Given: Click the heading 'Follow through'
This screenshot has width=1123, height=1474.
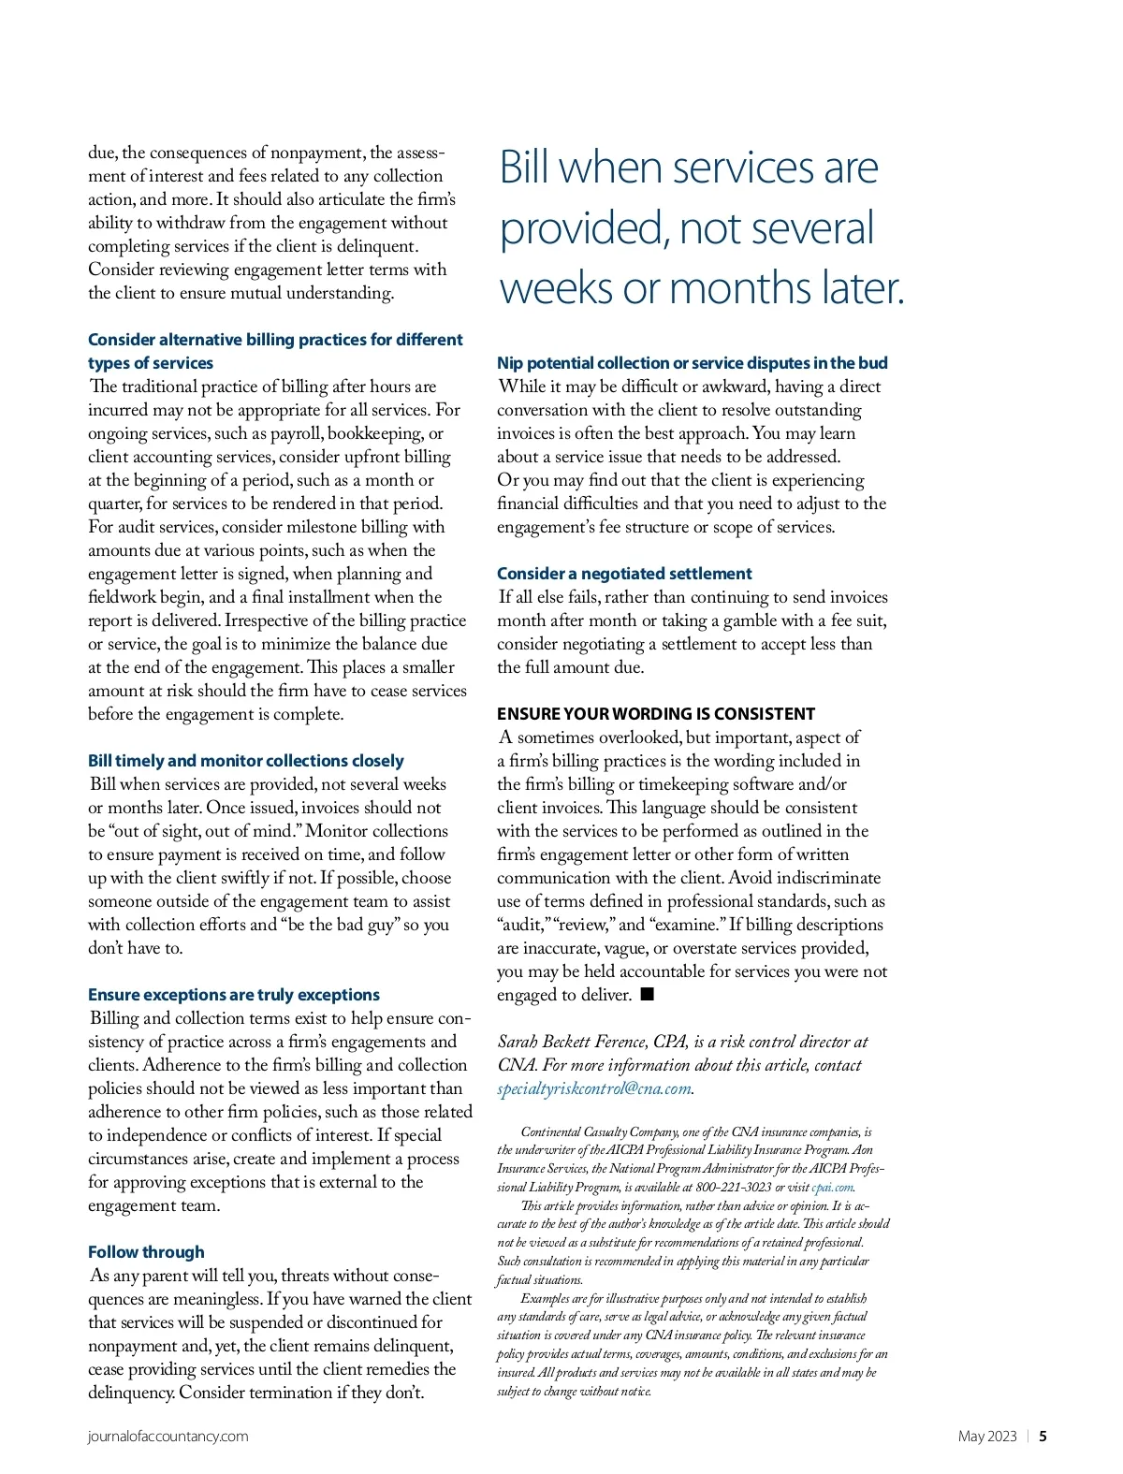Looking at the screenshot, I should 146,1252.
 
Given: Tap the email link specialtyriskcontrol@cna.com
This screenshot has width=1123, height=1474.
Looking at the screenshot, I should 593,1088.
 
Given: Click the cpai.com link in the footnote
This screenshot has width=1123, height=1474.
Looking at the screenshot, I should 832,1188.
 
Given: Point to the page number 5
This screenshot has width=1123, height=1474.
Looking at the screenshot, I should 1043,1437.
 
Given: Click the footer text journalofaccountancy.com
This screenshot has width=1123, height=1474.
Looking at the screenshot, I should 168,1437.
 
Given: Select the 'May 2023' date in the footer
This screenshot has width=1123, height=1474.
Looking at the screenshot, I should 986,1437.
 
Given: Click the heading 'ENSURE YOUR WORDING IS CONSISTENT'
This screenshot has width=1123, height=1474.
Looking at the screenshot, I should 656,714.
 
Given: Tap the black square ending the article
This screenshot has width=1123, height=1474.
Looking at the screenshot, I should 647,994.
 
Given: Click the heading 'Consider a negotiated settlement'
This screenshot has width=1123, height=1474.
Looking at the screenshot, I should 624,574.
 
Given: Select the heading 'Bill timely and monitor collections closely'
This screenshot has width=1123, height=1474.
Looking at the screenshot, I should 246,761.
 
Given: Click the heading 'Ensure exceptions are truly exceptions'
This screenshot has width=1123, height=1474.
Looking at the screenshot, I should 234,995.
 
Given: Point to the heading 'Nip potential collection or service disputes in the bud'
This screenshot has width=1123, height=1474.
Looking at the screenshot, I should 692,363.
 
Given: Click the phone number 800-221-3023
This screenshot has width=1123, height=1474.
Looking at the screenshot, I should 733,1188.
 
